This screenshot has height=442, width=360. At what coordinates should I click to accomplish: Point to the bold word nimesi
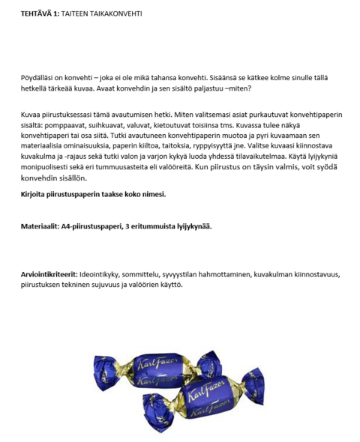[151, 194]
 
